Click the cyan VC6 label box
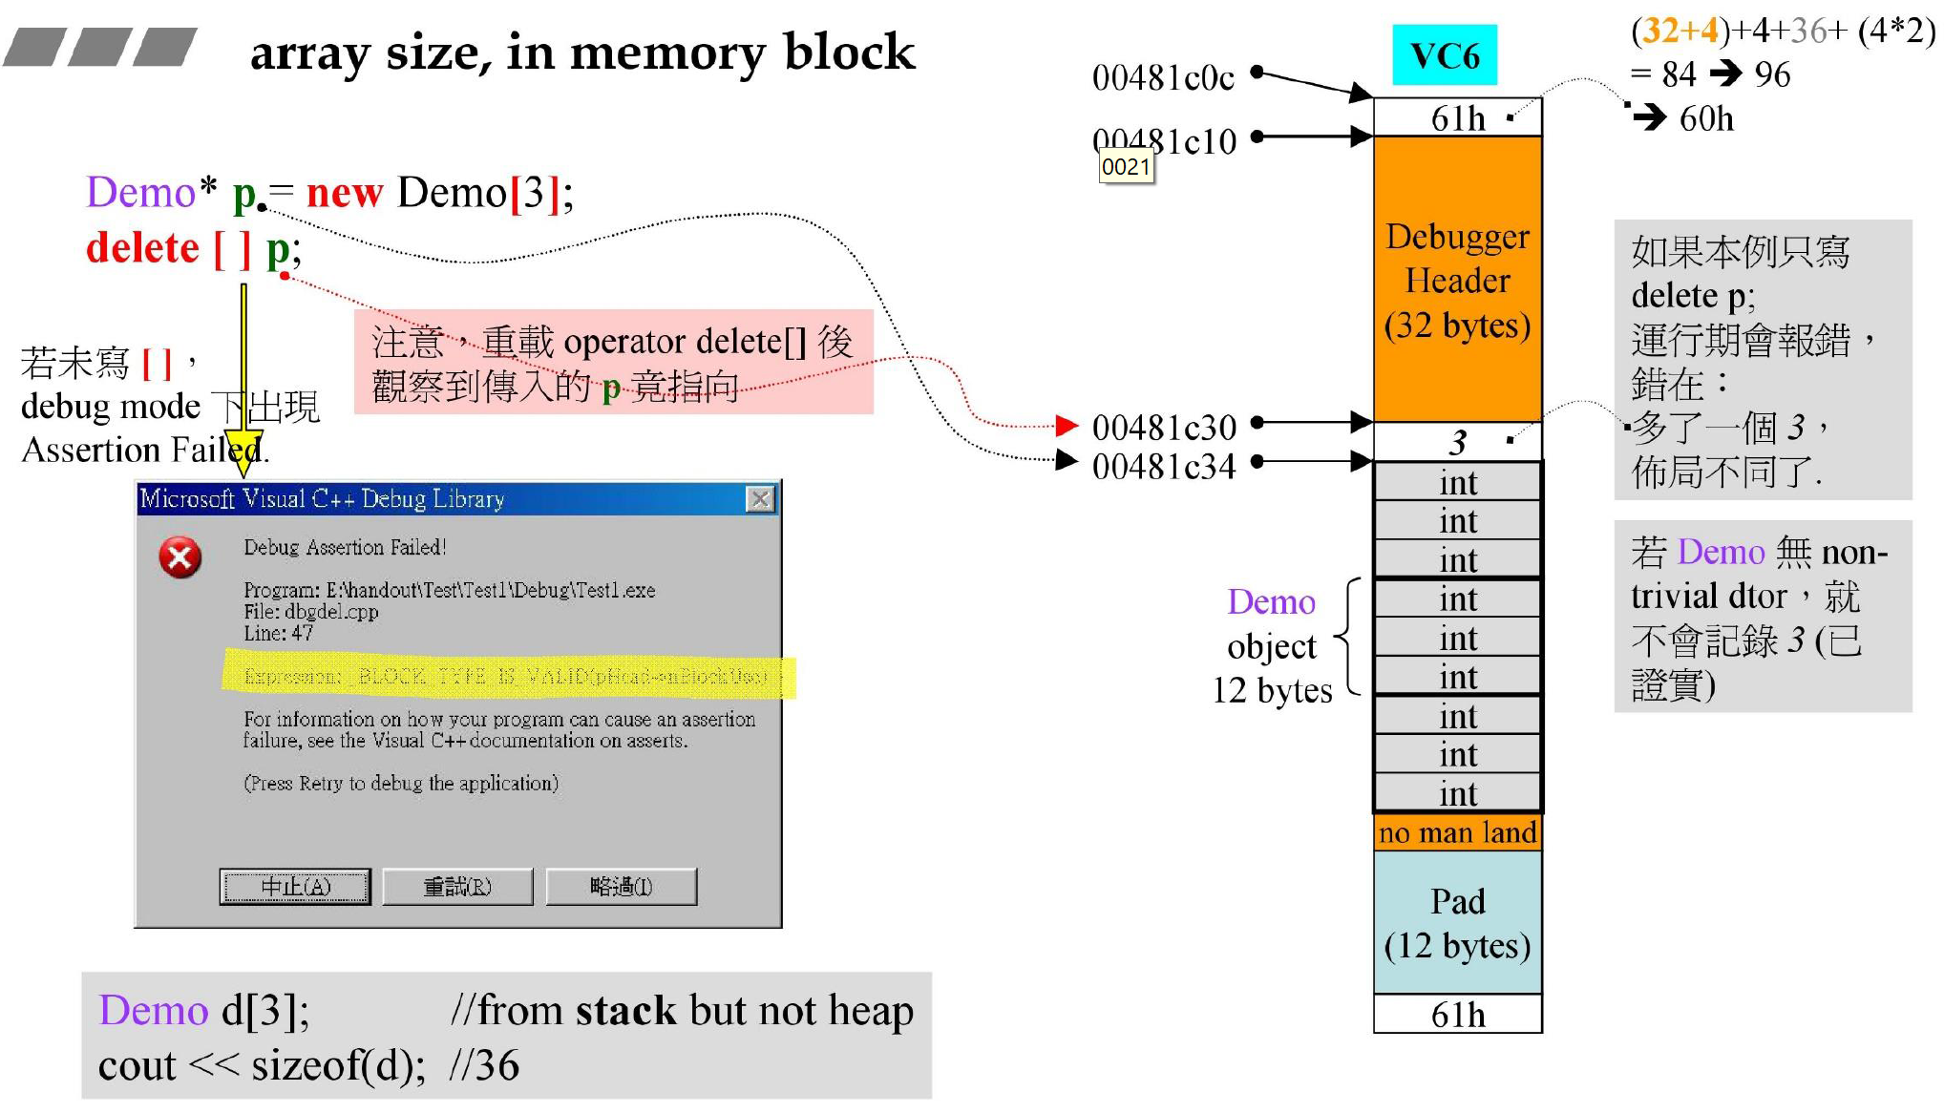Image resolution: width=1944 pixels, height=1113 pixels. tap(1444, 55)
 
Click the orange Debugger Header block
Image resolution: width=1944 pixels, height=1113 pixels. tap(1457, 279)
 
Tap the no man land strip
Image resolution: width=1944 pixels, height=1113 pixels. tap(1457, 832)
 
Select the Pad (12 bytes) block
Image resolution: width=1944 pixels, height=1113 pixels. tap(1457, 922)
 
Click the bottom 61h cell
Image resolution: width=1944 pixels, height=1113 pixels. tap(1457, 1014)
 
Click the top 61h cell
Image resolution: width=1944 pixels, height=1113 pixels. tap(1457, 117)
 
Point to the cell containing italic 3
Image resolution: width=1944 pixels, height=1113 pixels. tap(1457, 442)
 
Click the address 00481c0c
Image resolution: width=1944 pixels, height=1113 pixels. tap(1163, 77)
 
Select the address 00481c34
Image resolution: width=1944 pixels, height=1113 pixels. tap(1163, 467)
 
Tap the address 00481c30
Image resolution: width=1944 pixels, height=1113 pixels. tap(1163, 427)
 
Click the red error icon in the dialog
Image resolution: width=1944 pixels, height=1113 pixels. tap(180, 557)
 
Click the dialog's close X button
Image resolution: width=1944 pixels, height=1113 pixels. tap(760, 498)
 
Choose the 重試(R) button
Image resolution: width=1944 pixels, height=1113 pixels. tap(457, 887)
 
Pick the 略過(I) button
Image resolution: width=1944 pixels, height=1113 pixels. tap(621, 887)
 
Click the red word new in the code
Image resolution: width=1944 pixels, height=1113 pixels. tap(344, 193)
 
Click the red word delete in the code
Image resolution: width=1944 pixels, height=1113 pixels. tap(142, 248)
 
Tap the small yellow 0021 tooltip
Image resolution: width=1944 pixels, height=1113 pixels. tap(1126, 167)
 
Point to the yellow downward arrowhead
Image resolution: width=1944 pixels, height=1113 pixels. tap(244, 455)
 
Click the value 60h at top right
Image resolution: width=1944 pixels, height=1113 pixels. tap(1705, 118)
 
